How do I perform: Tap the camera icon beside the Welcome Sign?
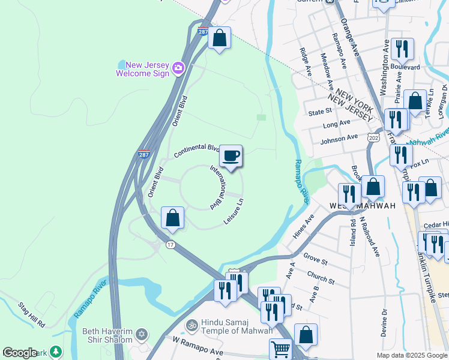coord(178,68)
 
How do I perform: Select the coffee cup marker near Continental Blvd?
coord(231,157)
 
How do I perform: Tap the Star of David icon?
coord(142,334)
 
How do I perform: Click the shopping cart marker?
coord(280,349)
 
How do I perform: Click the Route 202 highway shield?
coord(375,138)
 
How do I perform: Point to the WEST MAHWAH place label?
coord(363,206)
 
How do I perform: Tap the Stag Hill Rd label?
coord(32,315)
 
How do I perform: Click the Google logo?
coord(19,353)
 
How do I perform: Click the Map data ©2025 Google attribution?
coord(411,355)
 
